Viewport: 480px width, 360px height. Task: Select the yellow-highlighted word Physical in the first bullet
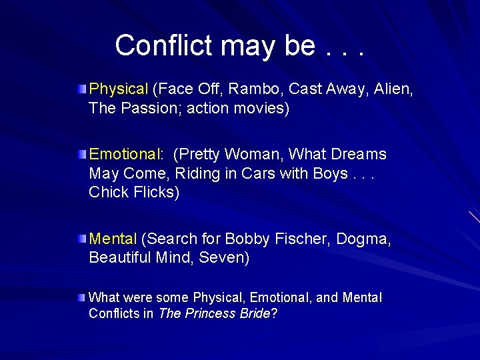(x=119, y=89)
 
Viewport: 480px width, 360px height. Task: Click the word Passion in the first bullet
(x=147, y=108)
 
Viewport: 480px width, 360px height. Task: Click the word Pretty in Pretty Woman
(x=197, y=155)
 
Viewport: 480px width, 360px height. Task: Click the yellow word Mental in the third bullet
(x=113, y=239)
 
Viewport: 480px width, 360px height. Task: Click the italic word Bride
(x=255, y=313)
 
